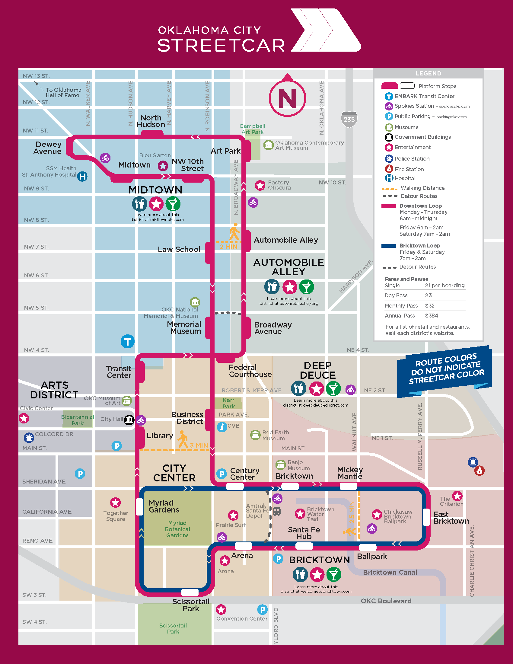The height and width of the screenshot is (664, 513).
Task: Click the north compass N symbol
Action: [x=287, y=98]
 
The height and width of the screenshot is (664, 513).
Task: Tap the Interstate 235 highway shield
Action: [x=349, y=119]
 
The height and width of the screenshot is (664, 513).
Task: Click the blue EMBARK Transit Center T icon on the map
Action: [x=127, y=342]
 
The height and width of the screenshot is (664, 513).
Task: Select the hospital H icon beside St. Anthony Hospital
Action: [x=82, y=176]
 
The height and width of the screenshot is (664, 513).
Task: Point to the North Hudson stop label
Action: [x=151, y=121]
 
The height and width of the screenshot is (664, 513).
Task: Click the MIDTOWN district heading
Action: [x=155, y=190]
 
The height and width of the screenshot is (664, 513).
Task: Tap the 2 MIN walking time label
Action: [x=228, y=247]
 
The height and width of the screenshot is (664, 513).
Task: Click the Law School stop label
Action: [x=179, y=249]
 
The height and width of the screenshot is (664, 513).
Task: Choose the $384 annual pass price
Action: [x=432, y=316]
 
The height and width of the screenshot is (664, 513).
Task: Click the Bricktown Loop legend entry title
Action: [x=419, y=245]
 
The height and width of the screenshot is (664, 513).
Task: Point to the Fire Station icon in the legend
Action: [x=389, y=169]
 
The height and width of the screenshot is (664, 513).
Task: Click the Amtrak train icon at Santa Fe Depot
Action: [x=276, y=511]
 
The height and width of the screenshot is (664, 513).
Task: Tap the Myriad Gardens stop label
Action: [x=164, y=506]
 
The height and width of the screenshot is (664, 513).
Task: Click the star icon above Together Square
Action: [x=116, y=503]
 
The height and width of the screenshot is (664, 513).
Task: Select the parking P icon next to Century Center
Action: [x=222, y=474]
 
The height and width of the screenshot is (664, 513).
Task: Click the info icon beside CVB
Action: [x=222, y=427]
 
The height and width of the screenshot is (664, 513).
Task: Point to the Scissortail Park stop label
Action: [x=191, y=605]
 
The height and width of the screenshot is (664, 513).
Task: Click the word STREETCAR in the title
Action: [x=221, y=46]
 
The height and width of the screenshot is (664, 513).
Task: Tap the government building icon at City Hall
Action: [x=129, y=420]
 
